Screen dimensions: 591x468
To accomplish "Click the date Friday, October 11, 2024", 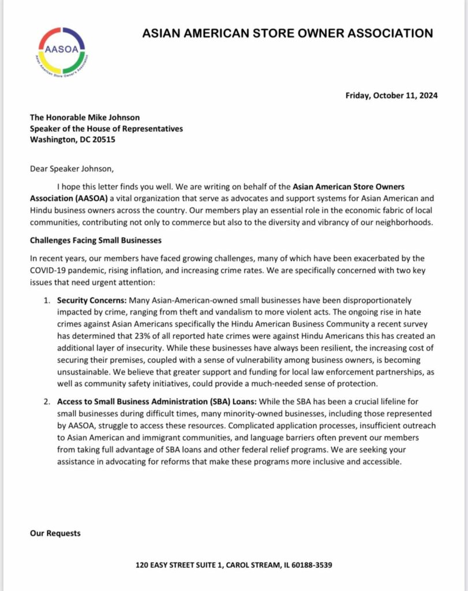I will (391, 95).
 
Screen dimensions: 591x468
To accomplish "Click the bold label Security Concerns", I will (91, 301).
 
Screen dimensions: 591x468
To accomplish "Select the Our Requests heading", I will (55, 533).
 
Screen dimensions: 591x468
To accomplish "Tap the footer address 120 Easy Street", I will (234, 564).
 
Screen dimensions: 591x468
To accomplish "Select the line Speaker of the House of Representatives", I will (107, 129).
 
